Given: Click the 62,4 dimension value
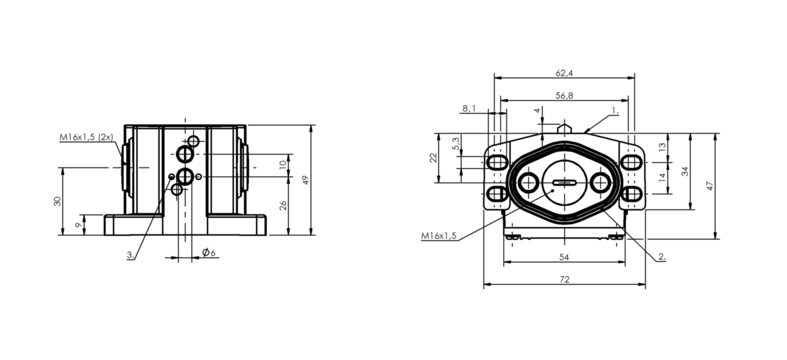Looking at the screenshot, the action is pyautogui.click(x=564, y=73).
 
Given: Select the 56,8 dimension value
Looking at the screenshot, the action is pyautogui.click(x=564, y=96).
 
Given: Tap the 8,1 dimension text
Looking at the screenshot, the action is pyautogui.click(x=469, y=108).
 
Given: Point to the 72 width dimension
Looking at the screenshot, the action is pyautogui.click(x=564, y=280).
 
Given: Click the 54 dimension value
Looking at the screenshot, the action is pyautogui.click(x=564, y=257).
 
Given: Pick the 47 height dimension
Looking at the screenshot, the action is pyautogui.click(x=709, y=186).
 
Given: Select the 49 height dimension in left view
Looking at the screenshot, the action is pyautogui.click(x=306, y=180).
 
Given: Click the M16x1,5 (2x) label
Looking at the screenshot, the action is pyautogui.click(x=86, y=137).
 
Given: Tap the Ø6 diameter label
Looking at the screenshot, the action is pyautogui.click(x=209, y=252).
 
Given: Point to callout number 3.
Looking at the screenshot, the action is pyautogui.click(x=131, y=255).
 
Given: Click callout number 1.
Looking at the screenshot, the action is pyautogui.click(x=615, y=111).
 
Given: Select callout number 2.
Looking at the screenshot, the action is pyautogui.click(x=662, y=257).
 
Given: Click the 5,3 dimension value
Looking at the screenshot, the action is pyautogui.click(x=456, y=143).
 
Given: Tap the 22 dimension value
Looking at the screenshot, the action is pyautogui.click(x=433, y=158).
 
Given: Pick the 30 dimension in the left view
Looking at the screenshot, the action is pyautogui.click(x=57, y=201).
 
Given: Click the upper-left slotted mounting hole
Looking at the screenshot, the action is pyautogui.click(x=497, y=163).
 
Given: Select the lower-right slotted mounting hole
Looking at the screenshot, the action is pyautogui.click(x=632, y=194).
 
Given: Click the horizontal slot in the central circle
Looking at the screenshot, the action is pyautogui.click(x=564, y=183).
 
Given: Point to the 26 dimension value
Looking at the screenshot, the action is pyautogui.click(x=283, y=205).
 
